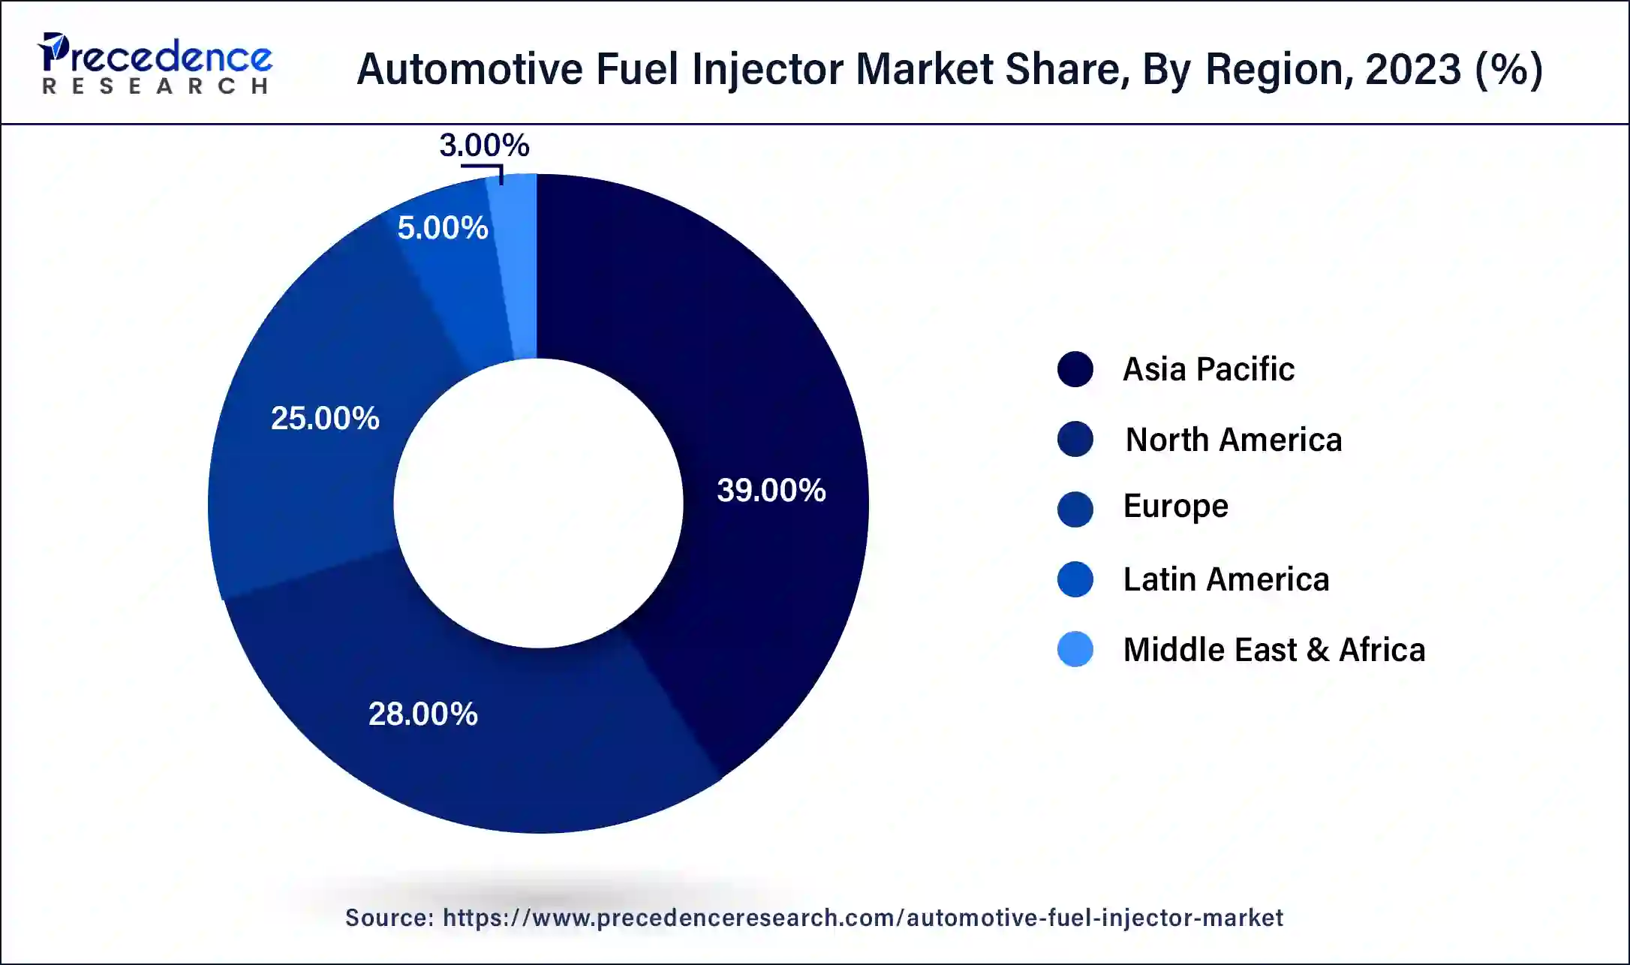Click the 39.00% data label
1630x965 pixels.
[x=771, y=491]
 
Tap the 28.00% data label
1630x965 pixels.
[x=423, y=714]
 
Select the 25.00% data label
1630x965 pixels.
[x=325, y=418]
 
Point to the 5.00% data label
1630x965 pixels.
[x=442, y=227]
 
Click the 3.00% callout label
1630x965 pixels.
[x=484, y=145]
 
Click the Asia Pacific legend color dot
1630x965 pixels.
[x=1075, y=369]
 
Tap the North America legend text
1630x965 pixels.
[x=1233, y=440]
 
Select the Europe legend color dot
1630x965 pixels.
[x=1075, y=510]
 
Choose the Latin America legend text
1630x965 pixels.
[x=1226, y=579]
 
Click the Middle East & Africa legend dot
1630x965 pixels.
[x=1075, y=649]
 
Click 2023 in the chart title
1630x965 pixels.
[x=1412, y=69]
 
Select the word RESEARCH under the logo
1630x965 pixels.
[x=155, y=86]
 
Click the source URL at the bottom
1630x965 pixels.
[x=862, y=918]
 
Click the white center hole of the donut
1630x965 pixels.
[x=538, y=503]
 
